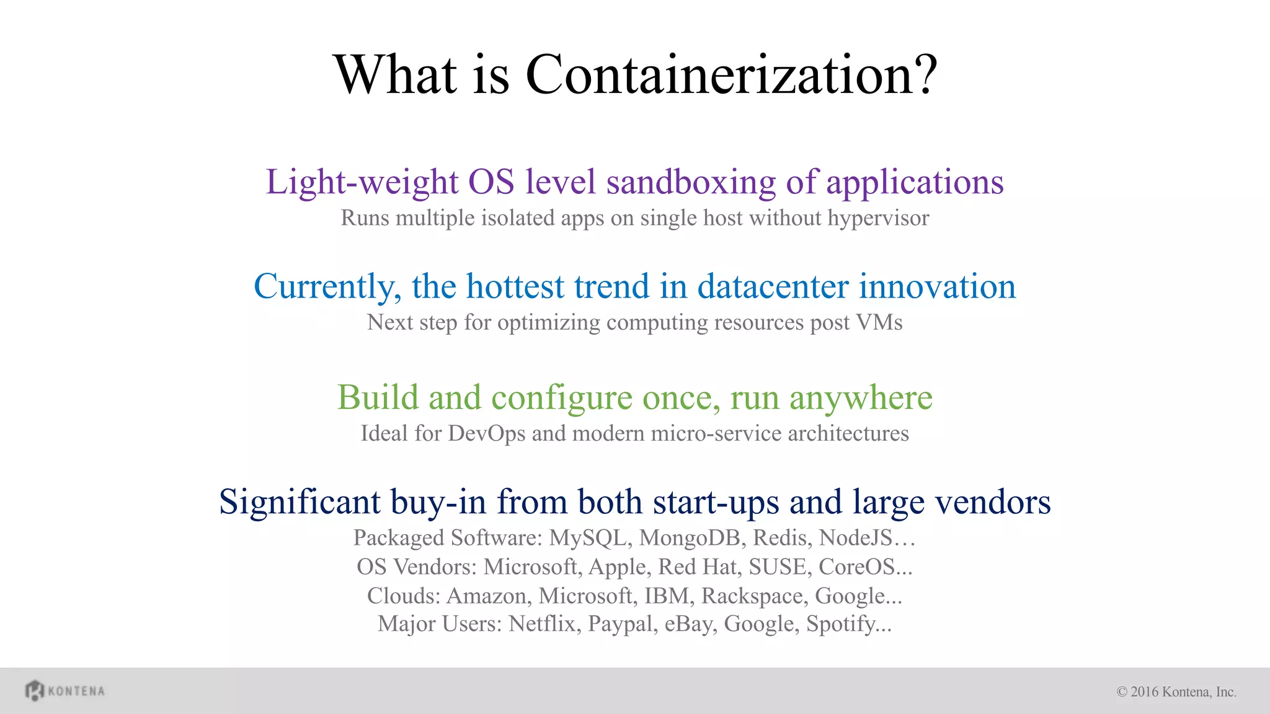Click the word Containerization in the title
(730, 74)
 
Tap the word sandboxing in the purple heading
(691, 182)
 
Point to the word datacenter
(773, 286)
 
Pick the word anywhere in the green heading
(860, 397)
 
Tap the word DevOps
(486, 433)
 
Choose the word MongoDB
(690, 537)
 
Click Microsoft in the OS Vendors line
(530, 566)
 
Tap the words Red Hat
(697, 566)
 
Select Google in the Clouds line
(858, 596)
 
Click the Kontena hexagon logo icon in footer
(34, 690)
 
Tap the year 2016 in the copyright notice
(1144, 692)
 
